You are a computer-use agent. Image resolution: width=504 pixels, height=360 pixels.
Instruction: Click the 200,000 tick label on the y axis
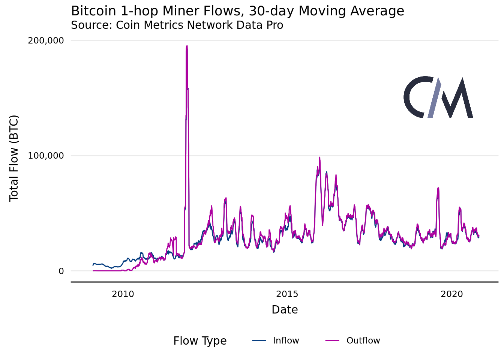coord(46,40)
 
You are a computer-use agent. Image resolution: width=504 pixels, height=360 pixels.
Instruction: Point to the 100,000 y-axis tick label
coord(46,156)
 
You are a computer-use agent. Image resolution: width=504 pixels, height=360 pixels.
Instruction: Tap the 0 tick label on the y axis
coord(61,271)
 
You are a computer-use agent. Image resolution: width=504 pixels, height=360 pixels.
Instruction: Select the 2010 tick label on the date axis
coord(123,294)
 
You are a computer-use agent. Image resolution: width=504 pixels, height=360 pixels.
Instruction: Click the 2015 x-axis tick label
coord(287,294)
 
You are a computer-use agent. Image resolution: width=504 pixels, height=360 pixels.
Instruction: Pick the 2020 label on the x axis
coord(452,294)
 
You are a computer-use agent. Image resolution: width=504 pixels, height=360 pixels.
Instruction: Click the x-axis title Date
coord(285,310)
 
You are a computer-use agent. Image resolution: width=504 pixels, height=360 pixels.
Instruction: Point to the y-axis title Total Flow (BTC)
coord(14,158)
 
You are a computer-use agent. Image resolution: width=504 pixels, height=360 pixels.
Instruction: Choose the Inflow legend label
coord(286,340)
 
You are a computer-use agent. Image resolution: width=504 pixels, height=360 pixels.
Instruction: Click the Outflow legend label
coord(363,340)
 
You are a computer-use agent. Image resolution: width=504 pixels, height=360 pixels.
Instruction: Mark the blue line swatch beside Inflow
coord(259,340)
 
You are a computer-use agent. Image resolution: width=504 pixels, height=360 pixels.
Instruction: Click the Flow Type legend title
coord(200,341)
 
